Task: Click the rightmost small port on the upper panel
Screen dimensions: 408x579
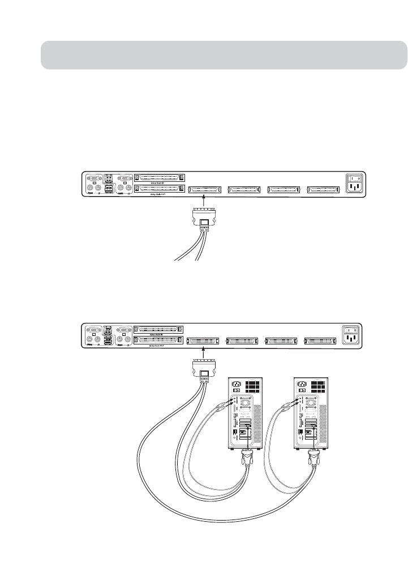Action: click(x=323, y=189)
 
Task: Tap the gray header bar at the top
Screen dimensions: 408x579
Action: click(x=224, y=55)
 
